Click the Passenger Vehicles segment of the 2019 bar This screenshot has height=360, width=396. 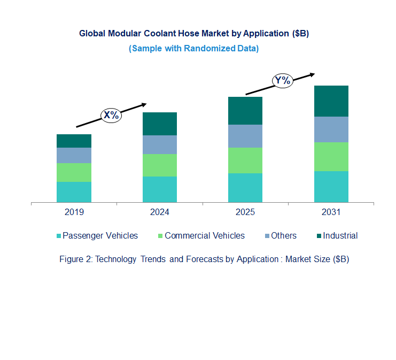click(x=74, y=192)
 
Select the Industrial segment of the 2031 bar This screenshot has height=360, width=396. click(x=331, y=101)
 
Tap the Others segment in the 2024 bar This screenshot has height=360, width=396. click(x=159, y=144)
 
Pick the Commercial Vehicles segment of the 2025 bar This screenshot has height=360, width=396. click(x=245, y=160)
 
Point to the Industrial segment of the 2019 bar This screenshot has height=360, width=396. click(x=74, y=141)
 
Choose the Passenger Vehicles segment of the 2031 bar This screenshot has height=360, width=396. click(x=331, y=187)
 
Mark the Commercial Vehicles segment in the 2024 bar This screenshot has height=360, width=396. click(x=159, y=165)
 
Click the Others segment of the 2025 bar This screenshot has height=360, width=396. click(x=245, y=136)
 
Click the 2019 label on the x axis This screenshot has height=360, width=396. click(x=74, y=212)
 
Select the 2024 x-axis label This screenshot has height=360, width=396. click(x=159, y=212)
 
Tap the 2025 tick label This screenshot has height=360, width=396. click(x=245, y=212)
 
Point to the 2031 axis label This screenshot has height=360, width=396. click(x=331, y=212)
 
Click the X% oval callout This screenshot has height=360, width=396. click(x=112, y=114)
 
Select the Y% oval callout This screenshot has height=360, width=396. click(x=282, y=81)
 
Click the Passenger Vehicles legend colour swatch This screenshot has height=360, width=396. click(x=58, y=236)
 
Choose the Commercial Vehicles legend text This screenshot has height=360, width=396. click(x=205, y=236)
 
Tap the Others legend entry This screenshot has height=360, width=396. click(x=283, y=236)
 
